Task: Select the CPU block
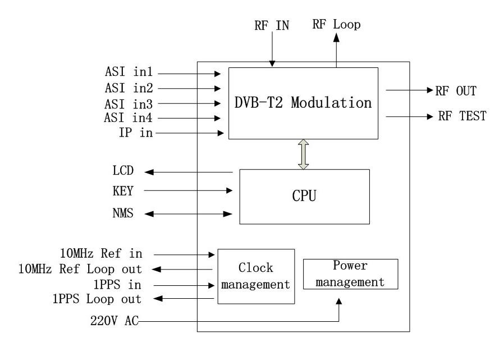click(x=305, y=197)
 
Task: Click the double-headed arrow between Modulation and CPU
click(x=303, y=154)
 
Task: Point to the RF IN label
click(x=272, y=25)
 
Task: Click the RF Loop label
click(x=336, y=24)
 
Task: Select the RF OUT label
click(x=456, y=91)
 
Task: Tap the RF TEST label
click(x=462, y=116)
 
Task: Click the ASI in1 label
click(x=129, y=72)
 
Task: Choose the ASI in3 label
click(x=129, y=104)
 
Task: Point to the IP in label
click(x=136, y=133)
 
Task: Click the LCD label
click(x=123, y=171)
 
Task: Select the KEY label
click(x=123, y=191)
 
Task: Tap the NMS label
click(x=123, y=213)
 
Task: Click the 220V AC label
click(x=115, y=321)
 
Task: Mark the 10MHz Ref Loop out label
click(x=80, y=269)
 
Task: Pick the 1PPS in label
click(x=117, y=285)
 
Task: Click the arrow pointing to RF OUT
click(x=410, y=90)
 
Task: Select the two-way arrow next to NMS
click(x=189, y=214)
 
